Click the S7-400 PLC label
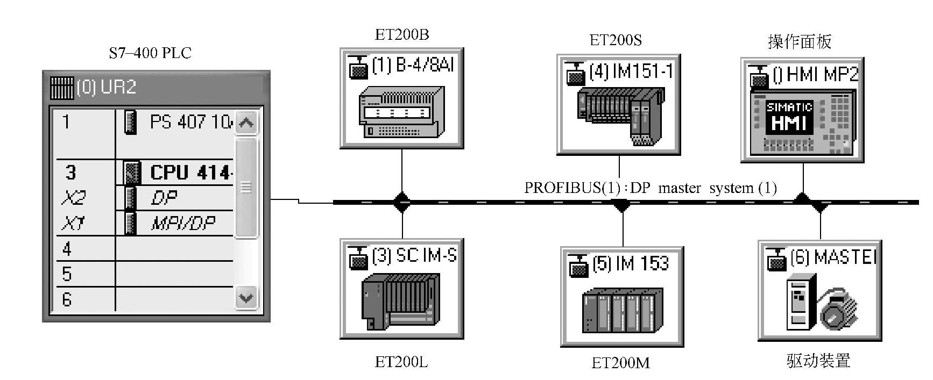click(x=150, y=53)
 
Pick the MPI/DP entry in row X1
click(x=183, y=223)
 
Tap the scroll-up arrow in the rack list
click(x=246, y=123)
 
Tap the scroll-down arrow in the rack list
click(x=246, y=298)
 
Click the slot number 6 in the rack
click(x=67, y=299)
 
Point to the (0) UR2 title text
click(x=107, y=87)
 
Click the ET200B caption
click(x=402, y=35)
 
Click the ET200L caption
click(x=401, y=362)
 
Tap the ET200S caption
click(x=616, y=40)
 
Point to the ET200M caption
click(x=620, y=363)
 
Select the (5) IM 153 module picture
click(x=622, y=310)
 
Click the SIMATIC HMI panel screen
click(x=789, y=118)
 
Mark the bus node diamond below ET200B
click(x=402, y=202)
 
